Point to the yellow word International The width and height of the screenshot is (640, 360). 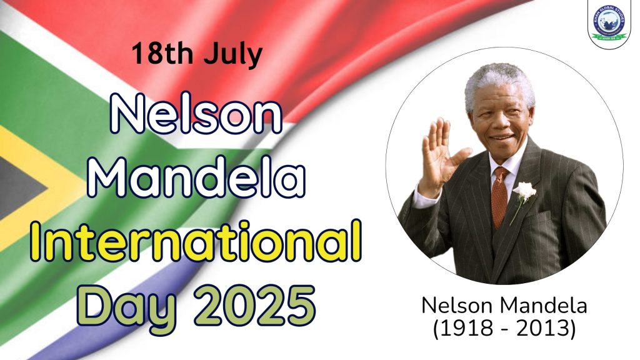click(195, 241)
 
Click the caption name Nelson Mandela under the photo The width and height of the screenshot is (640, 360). click(504, 306)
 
